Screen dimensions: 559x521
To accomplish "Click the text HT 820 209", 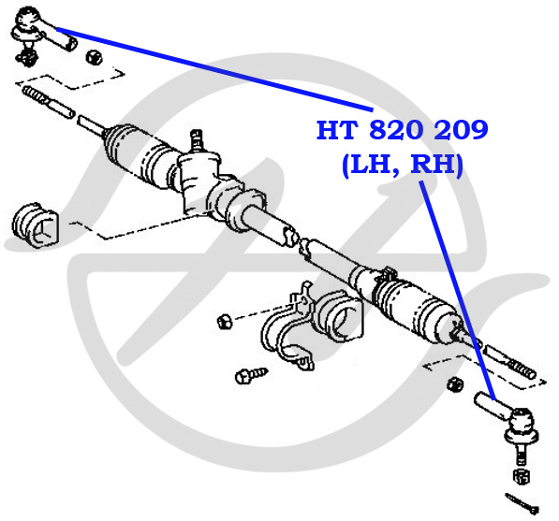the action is [402, 130].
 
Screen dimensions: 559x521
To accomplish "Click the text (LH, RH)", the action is [403, 165].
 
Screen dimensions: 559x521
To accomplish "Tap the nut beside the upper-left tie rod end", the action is [94, 57].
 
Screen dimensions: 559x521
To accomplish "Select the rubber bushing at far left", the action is [35, 225].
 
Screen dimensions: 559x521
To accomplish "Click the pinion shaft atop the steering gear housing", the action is [197, 139].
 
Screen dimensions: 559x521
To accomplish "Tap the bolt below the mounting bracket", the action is [251, 375].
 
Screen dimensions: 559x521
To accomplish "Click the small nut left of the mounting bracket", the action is [225, 321].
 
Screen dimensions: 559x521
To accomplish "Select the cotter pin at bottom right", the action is [522, 503].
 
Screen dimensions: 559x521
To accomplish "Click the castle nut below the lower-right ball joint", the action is [522, 476].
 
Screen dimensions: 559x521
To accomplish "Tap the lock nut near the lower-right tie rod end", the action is [455, 384].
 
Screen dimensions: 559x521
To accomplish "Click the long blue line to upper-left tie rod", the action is [214, 69].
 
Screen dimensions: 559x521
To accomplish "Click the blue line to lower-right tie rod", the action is [458, 290].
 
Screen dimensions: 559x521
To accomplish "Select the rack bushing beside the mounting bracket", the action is [341, 317].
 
